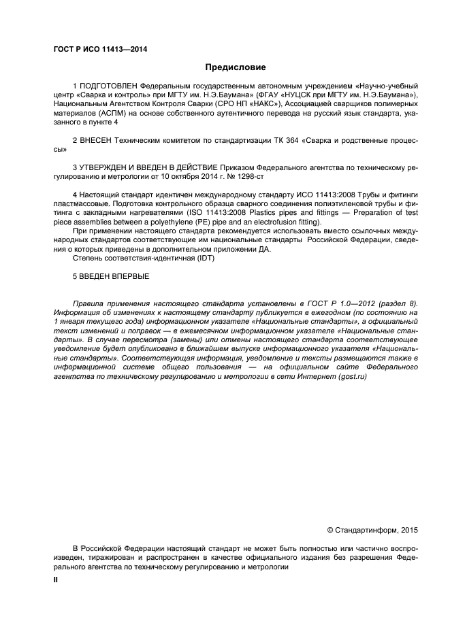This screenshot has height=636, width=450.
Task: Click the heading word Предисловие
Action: [x=236, y=67]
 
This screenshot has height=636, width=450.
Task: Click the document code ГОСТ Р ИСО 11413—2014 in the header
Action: [x=100, y=49]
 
